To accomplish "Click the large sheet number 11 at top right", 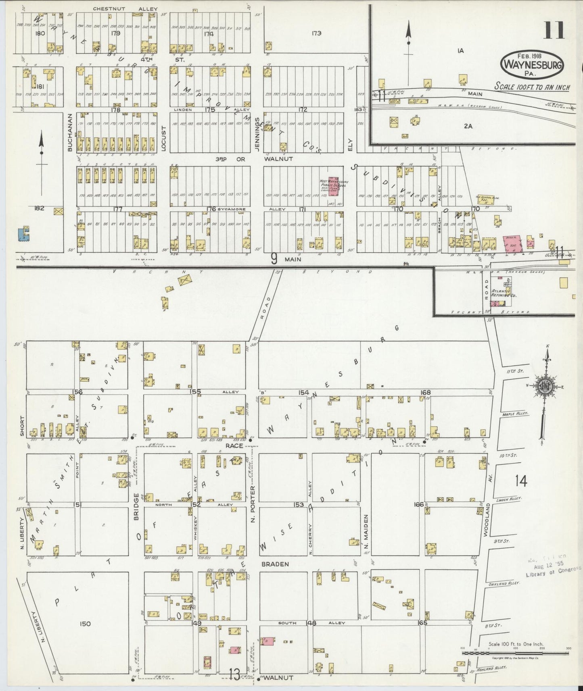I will tap(554, 31).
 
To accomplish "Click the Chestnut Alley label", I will tap(125, 9).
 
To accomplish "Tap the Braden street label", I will tap(275, 564).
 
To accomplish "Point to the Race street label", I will tap(234, 445).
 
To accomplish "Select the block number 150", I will tap(85, 624).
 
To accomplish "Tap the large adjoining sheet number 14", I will tap(521, 481).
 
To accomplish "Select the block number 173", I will tap(316, 33).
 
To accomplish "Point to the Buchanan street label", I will tap(69, 132).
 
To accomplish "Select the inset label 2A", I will tap(468, 126).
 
